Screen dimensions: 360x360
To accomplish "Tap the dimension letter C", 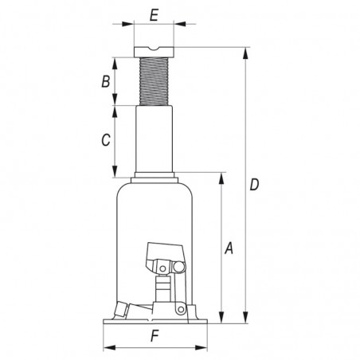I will [105, 141].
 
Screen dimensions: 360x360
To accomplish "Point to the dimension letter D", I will [254, 186].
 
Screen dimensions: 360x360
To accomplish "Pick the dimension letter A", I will [229, 248].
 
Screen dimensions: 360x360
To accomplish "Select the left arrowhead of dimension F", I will [106, 347].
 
